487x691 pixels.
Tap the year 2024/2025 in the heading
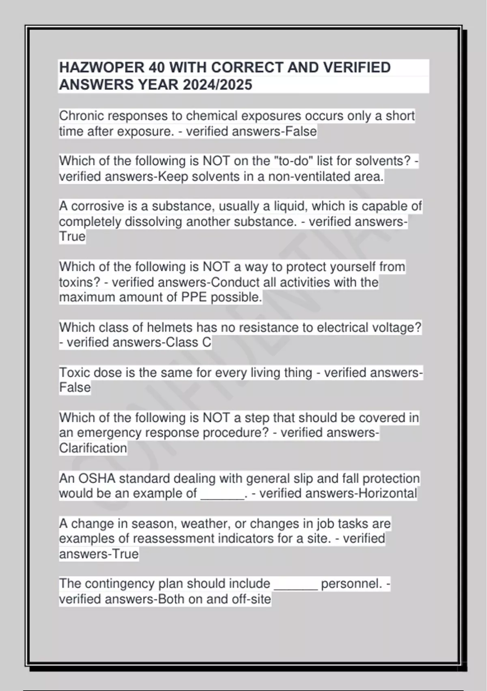coord(217,85)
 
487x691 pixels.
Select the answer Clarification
coord(93,448)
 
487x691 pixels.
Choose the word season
coord(153,524)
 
